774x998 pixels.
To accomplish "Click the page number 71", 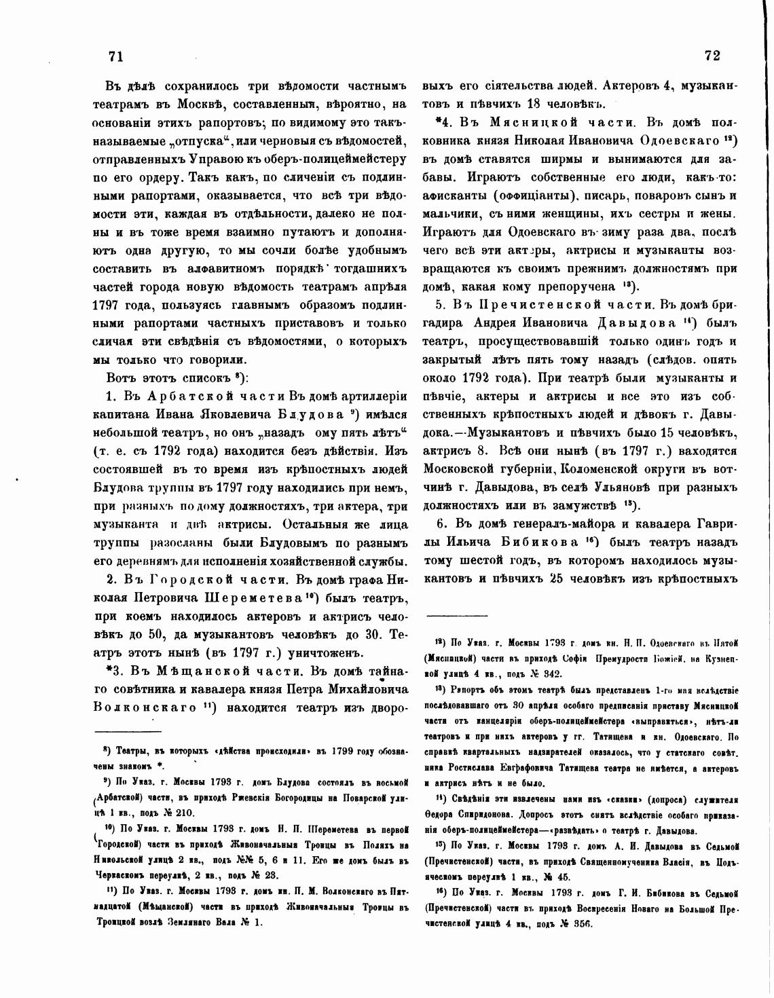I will pos(115,57).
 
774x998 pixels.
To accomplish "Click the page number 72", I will pos(712,56).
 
